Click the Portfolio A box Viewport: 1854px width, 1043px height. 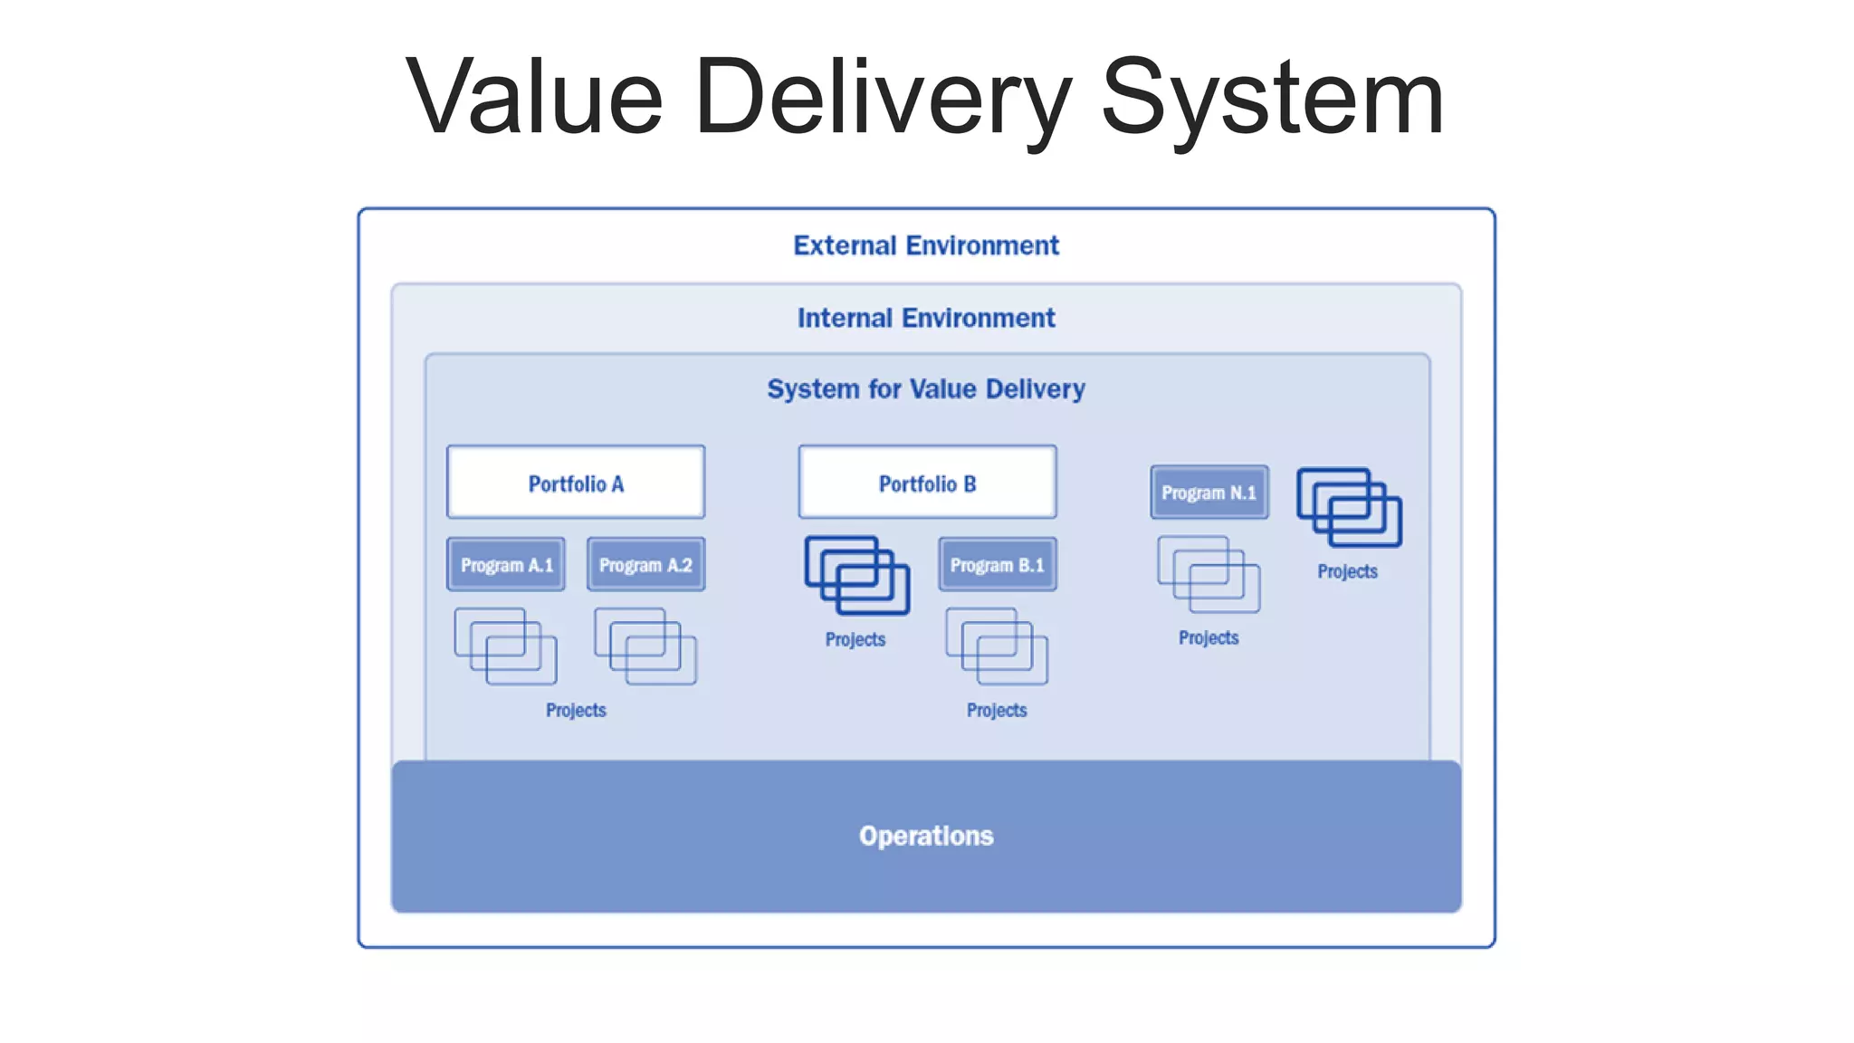[x=576, y=483]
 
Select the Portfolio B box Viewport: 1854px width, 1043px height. [x=927, y=483]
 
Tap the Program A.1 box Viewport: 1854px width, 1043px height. [x=506, y=565]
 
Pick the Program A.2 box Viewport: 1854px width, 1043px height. [x=645, y=565]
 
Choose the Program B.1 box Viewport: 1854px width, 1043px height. [x=997, y=565]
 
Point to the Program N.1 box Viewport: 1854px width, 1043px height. [x=1209, y=493]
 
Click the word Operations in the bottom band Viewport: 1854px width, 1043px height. [x=926, y=836]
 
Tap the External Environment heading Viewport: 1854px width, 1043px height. [x=926, y=245]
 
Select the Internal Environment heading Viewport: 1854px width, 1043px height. [x=926, y=318]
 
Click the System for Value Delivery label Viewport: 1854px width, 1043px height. [x=926, y=389]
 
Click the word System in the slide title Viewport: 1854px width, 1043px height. [x=1272, y=98]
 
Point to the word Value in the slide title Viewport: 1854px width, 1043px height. [x=534, y=98]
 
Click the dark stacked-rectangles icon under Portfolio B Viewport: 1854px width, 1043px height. [x=856, y=576]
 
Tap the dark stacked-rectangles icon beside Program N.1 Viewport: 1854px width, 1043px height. [x=1349, y=507]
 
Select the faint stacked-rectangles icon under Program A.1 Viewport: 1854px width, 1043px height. [x=505, y=646]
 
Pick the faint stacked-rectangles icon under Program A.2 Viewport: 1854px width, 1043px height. [x=645, y=646]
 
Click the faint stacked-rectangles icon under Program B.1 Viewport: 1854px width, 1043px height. [x=997, y=646]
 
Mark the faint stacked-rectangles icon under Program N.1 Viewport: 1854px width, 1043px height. [x=1209, y=574]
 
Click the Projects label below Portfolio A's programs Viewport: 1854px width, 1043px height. [x=576, y=711]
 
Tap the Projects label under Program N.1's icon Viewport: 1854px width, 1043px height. [x=1209, y=638]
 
